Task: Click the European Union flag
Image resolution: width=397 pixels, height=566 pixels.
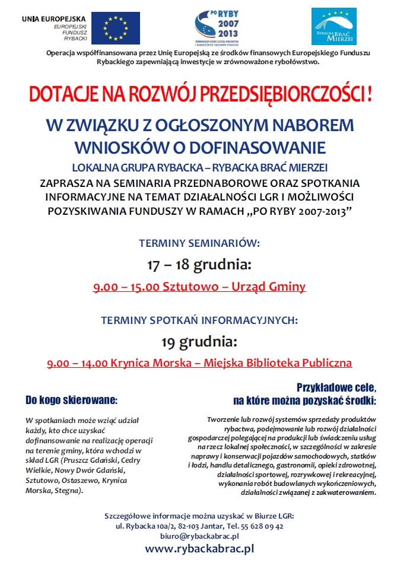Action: [116, 27]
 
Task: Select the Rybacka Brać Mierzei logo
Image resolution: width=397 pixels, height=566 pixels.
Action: [334, 26]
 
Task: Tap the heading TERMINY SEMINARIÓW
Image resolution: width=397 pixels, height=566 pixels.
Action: [199, 243]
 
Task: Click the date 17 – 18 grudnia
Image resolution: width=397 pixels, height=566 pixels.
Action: [199, 264]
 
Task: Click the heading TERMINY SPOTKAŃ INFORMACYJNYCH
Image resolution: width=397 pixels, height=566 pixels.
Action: [199, 320]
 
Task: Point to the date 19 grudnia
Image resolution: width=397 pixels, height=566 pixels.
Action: [199, 342]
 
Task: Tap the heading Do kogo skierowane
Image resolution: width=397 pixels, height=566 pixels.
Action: [71, 399]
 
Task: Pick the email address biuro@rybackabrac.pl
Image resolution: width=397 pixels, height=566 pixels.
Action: [199, 535]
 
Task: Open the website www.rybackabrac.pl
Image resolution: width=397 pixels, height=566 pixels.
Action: [199, 549]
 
